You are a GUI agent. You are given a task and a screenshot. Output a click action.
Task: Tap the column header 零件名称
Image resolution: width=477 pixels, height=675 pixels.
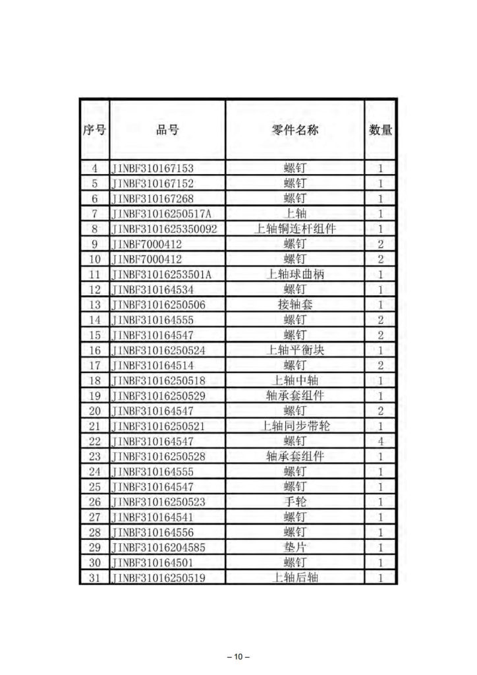click(295, 130)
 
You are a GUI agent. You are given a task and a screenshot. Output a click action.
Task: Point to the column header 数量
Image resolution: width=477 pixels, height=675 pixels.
click(380, 130)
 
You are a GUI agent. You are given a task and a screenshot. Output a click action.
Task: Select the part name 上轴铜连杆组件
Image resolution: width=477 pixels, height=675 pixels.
click(295, 229)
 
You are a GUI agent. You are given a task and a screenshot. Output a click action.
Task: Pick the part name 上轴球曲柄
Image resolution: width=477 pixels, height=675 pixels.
click(295, 274)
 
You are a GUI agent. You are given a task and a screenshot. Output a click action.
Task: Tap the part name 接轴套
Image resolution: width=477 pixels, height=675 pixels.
click(295, 305)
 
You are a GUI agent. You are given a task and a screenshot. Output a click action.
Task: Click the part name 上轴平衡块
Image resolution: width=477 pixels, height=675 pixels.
click(295, 350)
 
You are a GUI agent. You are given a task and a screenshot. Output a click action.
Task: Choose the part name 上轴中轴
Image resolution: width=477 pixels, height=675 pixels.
click(295, 380)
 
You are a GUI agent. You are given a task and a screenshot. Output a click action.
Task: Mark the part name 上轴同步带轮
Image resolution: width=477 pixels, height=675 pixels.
click(295, 426)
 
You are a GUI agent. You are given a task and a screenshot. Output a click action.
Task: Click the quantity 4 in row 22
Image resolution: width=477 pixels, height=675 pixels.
click(381, 441)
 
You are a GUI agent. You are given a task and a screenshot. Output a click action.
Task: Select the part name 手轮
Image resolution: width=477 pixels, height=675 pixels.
click(295, 502)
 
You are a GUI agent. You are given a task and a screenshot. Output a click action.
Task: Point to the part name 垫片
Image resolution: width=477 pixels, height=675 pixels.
click(295, 547)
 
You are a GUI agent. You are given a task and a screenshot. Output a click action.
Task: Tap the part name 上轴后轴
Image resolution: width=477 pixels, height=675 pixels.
click(295, 577)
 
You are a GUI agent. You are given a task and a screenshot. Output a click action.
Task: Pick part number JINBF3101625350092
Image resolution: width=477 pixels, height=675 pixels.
click(165, 229)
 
